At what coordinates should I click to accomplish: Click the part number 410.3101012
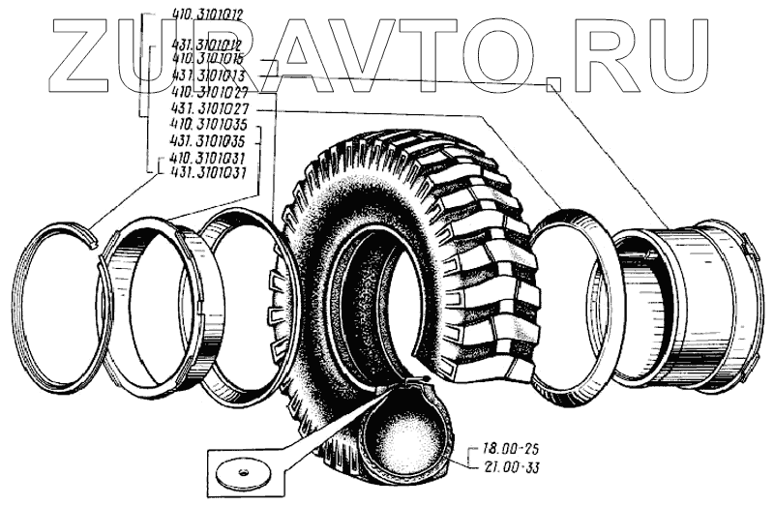[x=206, y=15]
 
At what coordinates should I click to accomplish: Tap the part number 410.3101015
[x=206, y=59]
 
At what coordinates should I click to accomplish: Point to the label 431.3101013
[x=206, y=74]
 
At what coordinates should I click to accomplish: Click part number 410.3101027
[x=206, y=90]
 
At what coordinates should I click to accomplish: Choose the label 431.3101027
[x=206, y=109]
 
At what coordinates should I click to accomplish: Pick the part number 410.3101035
[x=206, y=126]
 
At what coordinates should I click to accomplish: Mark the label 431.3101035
[x=206, y=141]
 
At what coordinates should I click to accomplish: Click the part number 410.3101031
[x=206, y=157]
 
